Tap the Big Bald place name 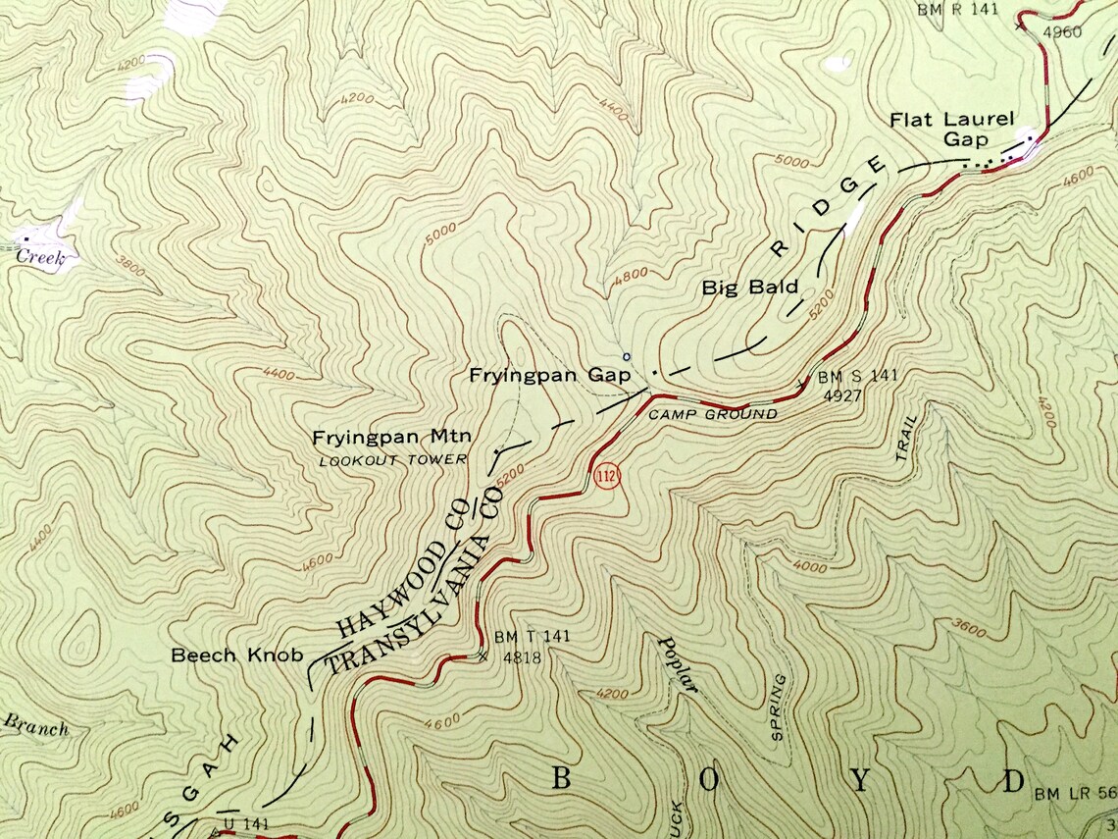pos(750,288)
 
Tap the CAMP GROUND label pos(713,415)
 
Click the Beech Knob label pos(236,655)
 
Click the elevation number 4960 pos(1062,31)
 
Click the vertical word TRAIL pos(905,438)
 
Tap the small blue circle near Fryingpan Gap pos(625,356)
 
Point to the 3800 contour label pos(129,267)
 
